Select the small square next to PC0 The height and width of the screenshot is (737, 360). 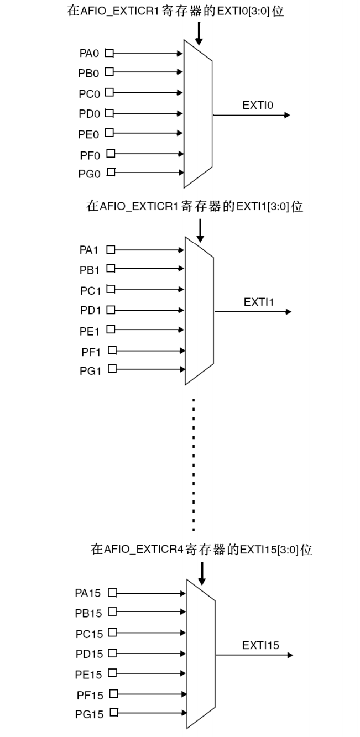point(109,92)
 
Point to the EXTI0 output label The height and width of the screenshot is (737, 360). point(254,106)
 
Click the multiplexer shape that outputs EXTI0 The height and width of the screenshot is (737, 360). point(198,115)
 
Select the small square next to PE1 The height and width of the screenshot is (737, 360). point(110,330)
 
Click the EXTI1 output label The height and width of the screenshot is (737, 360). point(255,302)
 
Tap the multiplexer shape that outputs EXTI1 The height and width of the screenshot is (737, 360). point(199,311)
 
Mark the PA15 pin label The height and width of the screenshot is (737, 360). point(88,593)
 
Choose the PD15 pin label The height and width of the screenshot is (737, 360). point(89,654)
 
